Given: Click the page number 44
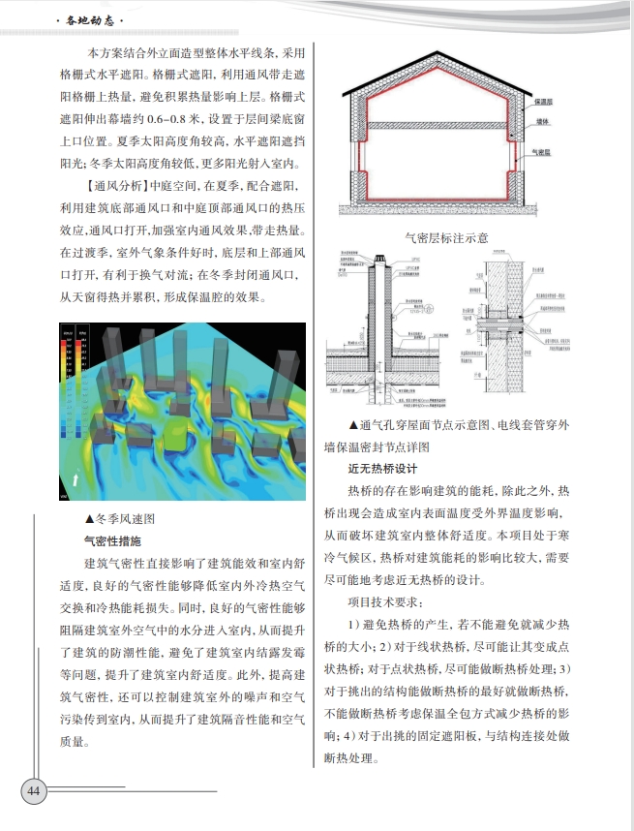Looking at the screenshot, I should click(x=34, y=790).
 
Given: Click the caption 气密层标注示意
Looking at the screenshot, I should click(x=446, y=236).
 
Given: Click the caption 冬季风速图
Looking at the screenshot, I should click(x=119, y=519).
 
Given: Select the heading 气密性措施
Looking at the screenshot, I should click(x=113, y=541).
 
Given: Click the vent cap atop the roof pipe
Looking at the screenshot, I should click(x=380, y=259).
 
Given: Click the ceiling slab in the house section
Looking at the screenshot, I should click(x=434, y=125).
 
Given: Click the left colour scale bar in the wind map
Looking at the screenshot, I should click(x=67, y=368).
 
